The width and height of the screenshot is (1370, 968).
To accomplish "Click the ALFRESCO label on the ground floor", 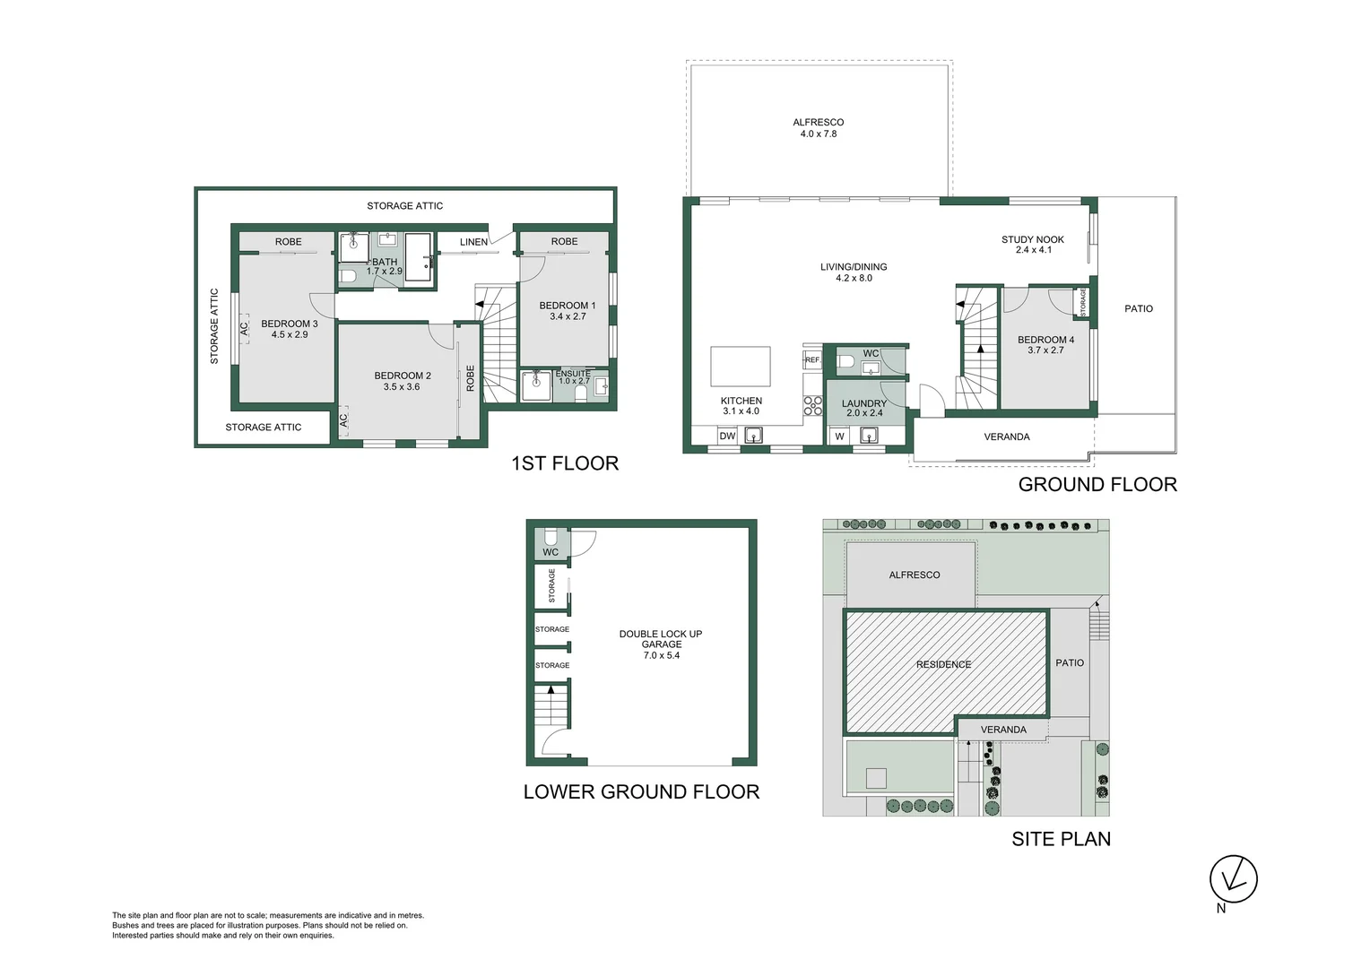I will coord(818,123).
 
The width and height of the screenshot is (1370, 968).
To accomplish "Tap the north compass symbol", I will coord(1233,879).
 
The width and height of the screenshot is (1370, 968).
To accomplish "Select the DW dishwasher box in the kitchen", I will coord(727,436).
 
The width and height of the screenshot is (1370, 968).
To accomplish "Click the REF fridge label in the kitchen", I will coord(811,360).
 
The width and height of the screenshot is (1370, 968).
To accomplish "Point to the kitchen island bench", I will coord(741,367).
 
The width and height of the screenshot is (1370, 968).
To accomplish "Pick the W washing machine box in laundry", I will coord(840,436).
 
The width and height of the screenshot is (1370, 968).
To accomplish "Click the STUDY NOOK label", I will coord(1033,239).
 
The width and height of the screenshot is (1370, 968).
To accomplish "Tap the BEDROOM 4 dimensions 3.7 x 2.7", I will coord(1045,350).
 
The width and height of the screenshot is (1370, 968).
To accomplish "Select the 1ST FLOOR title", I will coord(565,463).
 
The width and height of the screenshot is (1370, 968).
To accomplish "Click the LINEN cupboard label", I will coord(473,242).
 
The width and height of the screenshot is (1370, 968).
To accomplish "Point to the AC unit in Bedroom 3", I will coord(244,329).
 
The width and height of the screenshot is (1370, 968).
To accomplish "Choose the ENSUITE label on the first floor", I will coord(573,374).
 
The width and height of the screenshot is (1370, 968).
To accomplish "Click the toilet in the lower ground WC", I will coord(551,537).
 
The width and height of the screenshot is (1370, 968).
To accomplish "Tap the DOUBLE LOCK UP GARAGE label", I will coord(661,639).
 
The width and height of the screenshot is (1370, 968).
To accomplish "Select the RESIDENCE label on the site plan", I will coord(943,665).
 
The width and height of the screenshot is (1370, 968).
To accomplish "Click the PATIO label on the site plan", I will coord(1070,663).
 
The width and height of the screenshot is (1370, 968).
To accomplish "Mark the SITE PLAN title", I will coord(1061,839).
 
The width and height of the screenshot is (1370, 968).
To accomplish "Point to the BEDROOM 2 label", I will coord(403,376).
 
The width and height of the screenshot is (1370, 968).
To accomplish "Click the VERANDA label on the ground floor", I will coord(1007,437).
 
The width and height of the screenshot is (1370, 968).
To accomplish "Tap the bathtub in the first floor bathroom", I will coord(418,257).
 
